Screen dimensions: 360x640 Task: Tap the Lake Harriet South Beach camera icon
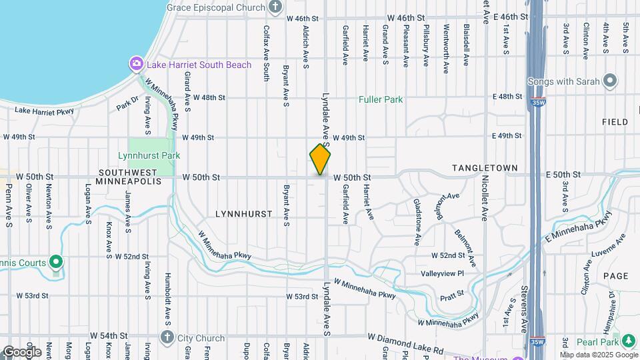point(136,64)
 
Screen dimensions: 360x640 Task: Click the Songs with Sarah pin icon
point(609,81)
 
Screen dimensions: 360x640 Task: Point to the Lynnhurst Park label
point(149,155)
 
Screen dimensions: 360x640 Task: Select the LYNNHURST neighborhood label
point(244,214)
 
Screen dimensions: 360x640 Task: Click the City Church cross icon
point(167,337)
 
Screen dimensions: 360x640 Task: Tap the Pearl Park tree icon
point(627,341)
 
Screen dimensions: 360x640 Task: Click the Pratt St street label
point(451,293)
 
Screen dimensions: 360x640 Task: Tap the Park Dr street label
point(127,105)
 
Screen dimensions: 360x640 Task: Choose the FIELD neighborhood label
point(615,122)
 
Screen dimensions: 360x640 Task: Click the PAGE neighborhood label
point(615,275)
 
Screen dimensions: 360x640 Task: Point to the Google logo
point(22,351)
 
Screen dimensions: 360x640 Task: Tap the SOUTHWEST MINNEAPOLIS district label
point(129,177)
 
